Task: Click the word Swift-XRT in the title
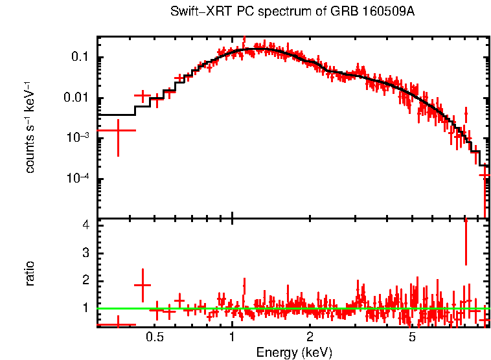coord(195,12)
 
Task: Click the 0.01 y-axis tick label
coord(77,98)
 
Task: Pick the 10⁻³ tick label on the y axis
coord(78,138)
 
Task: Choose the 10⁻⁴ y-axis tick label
coord(78,179)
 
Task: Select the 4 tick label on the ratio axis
coord(85,226)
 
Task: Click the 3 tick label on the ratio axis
coord(85,253)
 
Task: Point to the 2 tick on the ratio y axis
coord(85,280)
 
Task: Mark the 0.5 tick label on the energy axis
coord(154,337)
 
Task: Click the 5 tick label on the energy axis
coord(412,337)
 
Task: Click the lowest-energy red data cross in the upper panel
coord(118,130)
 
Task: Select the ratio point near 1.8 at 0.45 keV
coord(143,284)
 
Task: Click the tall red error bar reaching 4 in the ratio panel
coord(466,241)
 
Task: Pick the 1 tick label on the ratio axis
coord(85,308)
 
